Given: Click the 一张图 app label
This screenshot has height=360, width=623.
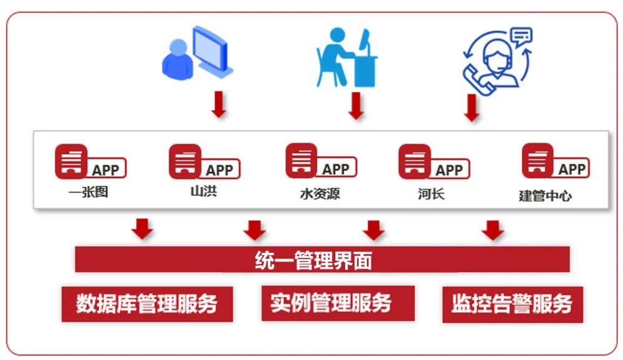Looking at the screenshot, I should tap(88, 192).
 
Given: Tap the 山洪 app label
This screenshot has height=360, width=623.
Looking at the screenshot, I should tap(203, 191).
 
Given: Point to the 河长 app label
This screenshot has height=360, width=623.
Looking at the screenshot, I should tap(431, 193).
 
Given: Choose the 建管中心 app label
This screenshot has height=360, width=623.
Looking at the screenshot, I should tap(545, 196).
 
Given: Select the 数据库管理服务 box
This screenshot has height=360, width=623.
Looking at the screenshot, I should tap(147, 303).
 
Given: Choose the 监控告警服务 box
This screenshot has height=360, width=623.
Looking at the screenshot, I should tap(512, 304).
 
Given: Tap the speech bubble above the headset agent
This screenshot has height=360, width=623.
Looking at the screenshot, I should tap(520, 36).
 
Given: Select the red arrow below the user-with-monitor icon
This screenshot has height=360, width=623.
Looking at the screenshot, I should tap(219, 105).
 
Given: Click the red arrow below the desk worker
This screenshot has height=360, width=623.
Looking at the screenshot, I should tap(356, 106).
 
